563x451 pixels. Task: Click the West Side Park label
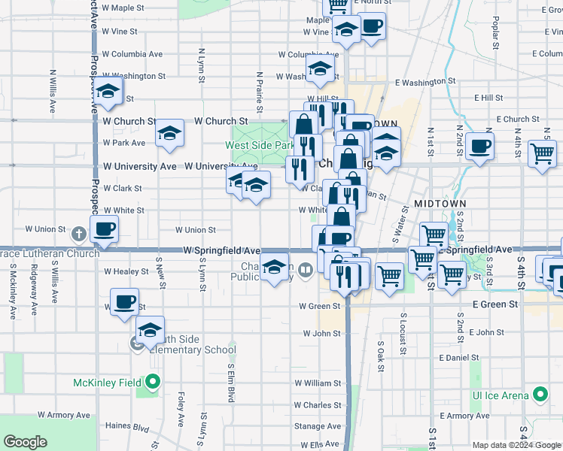coord(260,145)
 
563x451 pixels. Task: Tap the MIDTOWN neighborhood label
coord(440,204)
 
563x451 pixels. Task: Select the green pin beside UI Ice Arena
coord(540,394)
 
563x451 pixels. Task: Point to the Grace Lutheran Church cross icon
coord(78,235)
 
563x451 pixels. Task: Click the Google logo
coord(26,442)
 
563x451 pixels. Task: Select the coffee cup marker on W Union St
coord(104,229)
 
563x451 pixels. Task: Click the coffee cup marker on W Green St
coord(124,304)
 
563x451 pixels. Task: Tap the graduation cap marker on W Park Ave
coord(169,135)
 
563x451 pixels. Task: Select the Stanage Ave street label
coord(318,426)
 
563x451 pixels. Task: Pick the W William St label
coord(318,383)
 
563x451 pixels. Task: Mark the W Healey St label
coord(126,271)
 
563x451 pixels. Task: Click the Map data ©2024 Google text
coord(516,444)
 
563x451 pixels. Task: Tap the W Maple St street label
coord(122,8)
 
